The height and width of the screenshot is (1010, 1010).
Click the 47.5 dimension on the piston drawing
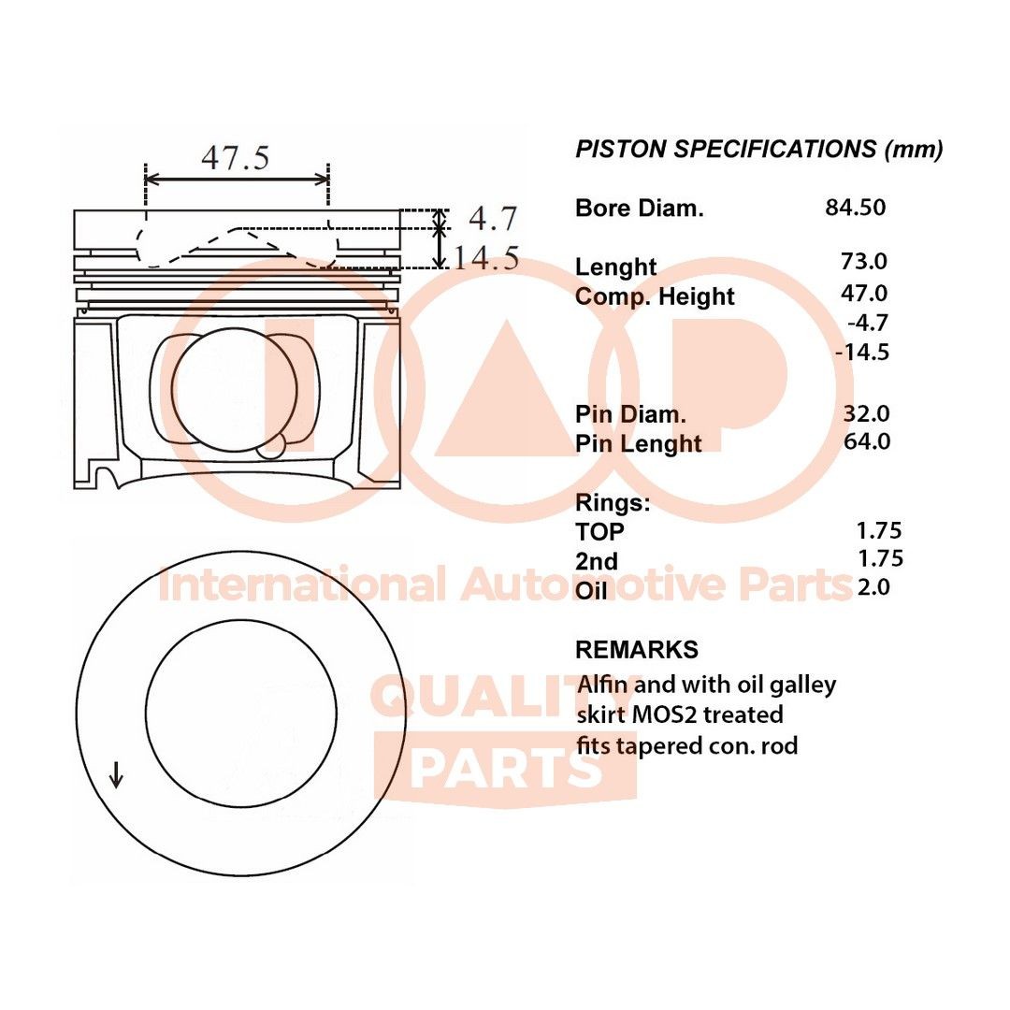coord(235,157)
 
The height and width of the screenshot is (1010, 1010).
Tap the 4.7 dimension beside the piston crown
coord(493,219)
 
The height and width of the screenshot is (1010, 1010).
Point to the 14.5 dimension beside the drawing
coord(486,258)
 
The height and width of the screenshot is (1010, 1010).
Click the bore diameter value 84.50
coord(855,208)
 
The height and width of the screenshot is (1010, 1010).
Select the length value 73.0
coord(864,263)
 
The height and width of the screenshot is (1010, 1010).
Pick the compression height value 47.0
coord(864,294)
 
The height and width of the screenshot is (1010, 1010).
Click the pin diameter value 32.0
coord(866,412)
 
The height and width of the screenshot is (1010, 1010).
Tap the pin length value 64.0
coord(866,440)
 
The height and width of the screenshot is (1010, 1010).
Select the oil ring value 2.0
coord(873,587)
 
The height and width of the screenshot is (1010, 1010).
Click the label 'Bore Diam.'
coord(639,209)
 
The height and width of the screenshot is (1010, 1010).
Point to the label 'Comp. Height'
coord(655,297)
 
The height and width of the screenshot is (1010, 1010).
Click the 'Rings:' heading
coord(613,503)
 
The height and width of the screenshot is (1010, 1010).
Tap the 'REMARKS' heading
coord(636,649)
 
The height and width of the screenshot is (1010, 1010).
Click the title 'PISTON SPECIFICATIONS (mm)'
coord(758,150)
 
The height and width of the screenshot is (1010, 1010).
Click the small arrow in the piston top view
coord(116,774)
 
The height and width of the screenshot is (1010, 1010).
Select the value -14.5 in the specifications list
coord(861,353)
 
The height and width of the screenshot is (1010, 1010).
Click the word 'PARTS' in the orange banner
coord(506,769)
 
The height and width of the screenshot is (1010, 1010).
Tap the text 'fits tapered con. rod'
coord(687,746)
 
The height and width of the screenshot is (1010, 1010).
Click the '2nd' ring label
coord(597,561)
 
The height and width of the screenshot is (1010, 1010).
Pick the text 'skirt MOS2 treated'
coord(680,715)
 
